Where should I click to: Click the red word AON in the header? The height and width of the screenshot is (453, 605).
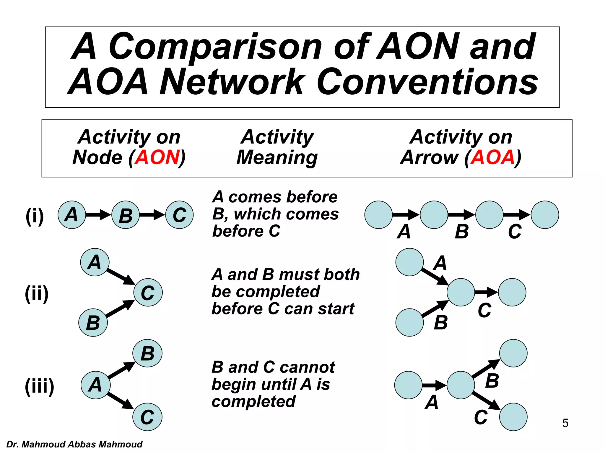point(157,157)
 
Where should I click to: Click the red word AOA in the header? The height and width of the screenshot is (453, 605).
point(492,157)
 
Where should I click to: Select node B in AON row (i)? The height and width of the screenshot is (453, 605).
point(126,215)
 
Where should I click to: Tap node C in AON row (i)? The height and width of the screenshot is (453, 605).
point(179,215)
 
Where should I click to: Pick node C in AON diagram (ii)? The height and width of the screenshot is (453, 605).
point(148,292)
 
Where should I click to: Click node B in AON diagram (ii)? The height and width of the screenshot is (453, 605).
point(93,323)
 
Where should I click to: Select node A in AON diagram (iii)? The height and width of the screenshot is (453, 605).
point(95,385)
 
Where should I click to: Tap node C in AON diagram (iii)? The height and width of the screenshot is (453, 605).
point(147,417)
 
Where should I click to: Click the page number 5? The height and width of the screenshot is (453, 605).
point(565,423)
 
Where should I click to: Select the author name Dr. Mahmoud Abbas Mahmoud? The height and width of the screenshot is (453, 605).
point(74,444)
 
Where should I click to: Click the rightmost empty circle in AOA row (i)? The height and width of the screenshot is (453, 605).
point(545,215)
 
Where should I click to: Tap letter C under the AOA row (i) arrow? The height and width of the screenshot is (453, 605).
point(515,232)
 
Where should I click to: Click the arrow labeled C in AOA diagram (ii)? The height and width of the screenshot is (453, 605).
point(486,292)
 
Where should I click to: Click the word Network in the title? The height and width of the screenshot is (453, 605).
point(232,82)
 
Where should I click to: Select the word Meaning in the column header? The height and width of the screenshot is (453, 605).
point(277,158)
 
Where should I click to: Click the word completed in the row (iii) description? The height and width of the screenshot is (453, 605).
point(253,401)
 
